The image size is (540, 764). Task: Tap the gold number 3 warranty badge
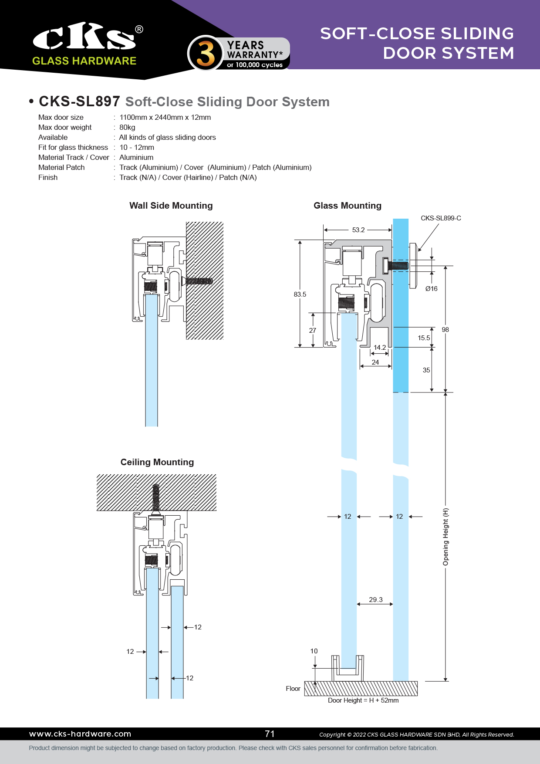tap(205, 54)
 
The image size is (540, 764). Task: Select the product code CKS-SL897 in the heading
tap(79, 101)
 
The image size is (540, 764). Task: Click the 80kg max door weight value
tap(127, 127)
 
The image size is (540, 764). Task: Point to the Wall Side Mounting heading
tap(171, 206)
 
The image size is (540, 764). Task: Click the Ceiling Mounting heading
tap(157, 462)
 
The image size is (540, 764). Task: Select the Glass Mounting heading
tap(347, 206)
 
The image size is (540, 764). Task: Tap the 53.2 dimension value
tap(358, 230)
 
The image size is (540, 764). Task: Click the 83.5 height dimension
tap(300, 294)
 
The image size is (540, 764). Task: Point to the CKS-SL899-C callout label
tap(441, 218)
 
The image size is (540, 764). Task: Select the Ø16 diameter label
tap(431, 289)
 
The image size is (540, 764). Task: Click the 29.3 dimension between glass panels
tap(375, 600)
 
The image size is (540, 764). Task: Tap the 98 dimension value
tap(445, 330)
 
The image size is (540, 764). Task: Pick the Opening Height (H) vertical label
tap(445, 537)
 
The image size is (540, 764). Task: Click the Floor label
tap(293, 689)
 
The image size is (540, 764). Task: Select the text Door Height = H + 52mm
tap(363, 700)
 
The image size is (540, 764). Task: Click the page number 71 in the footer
tap(270, 734)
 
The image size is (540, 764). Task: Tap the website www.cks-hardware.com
tap(80, 734)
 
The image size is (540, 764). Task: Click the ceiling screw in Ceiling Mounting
tap(156, 497)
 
